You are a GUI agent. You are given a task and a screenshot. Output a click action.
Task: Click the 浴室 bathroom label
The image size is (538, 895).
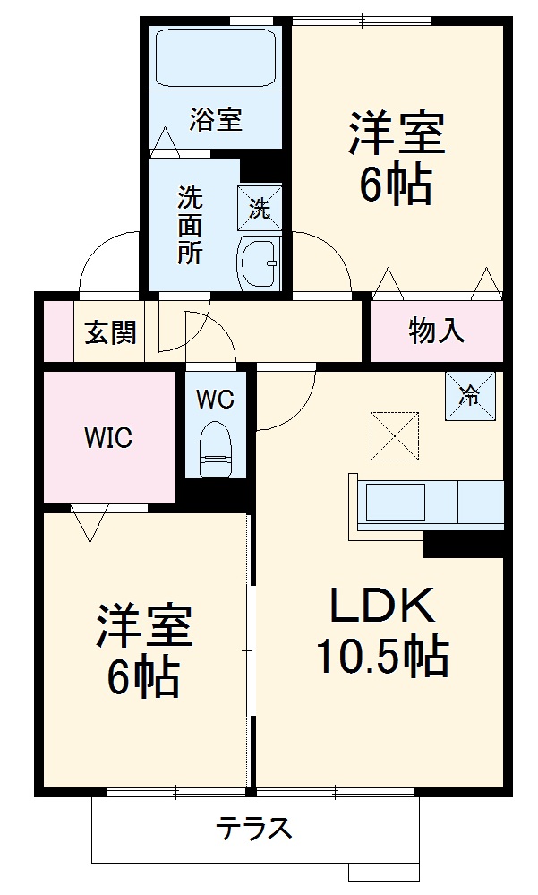tap(216, 120)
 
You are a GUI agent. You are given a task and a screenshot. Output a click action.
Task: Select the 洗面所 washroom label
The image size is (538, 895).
tap(189, 224)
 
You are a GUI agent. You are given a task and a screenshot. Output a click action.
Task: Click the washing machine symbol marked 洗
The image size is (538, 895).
tap(259, 209)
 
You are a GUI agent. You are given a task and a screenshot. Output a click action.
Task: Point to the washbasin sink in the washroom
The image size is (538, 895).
tap(259, 262)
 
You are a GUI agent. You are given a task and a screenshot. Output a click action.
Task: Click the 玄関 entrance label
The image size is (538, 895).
tap(111, 332)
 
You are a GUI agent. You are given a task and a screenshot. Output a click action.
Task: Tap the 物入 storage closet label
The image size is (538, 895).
tap(437, 331)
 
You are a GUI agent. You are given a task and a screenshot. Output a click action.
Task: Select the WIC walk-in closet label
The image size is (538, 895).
tap(108, 437)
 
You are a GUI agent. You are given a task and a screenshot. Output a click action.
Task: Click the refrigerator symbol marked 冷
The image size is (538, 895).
tap(470, 395)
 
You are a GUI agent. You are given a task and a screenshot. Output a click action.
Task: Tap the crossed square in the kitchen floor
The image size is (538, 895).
tap(394, 435)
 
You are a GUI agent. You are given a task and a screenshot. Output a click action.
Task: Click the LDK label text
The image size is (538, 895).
tap(382, 607)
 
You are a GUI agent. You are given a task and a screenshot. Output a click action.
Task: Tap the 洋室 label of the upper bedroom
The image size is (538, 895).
tap(397, 134)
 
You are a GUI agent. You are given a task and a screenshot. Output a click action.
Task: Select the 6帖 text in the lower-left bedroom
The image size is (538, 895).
tap(144, 677)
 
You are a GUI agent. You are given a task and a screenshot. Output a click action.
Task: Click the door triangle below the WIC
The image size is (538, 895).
tap(90, 524)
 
